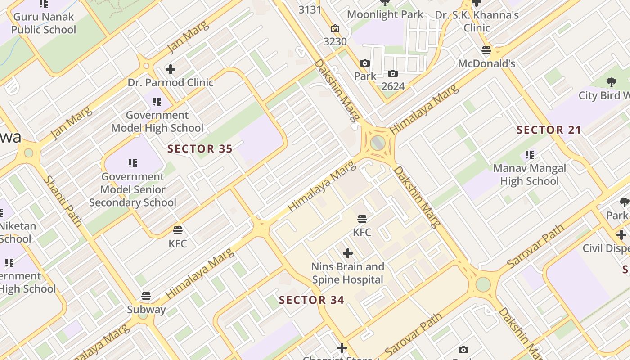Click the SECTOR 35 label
coord(200,149)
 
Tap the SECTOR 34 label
coord(311,300)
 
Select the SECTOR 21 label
coord(549,130)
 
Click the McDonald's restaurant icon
coord(486,50)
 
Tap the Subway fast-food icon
coord(146,296)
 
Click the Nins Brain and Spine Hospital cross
coord(348,253)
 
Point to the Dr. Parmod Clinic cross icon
coord(170,69)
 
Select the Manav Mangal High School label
coord(530,175)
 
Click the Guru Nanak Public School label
coord(44,23)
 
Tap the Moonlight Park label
coord(385,14)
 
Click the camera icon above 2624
coord(393,73)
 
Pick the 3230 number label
coord(335,41)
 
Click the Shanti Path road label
coord(63,201)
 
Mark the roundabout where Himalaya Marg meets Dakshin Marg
coord(378,144)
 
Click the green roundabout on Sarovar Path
coord(483,284)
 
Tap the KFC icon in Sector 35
coord(178,230)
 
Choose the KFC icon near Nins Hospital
coord(362,219)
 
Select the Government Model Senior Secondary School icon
coord(132,163)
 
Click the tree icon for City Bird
coord(611,82)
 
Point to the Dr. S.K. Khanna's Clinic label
coord(477,21)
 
